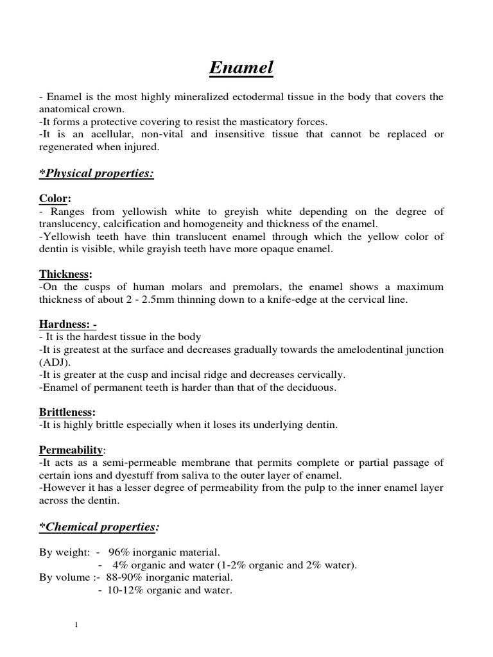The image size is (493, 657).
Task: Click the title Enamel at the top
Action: point(241,67)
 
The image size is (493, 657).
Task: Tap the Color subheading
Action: point(55,200)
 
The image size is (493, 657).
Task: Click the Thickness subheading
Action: point(66,274)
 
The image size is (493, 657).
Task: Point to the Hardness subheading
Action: point(68,325)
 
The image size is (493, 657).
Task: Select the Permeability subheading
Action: point(71,449)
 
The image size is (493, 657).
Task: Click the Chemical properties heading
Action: point(99,527)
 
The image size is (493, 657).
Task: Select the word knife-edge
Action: point(279,299)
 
